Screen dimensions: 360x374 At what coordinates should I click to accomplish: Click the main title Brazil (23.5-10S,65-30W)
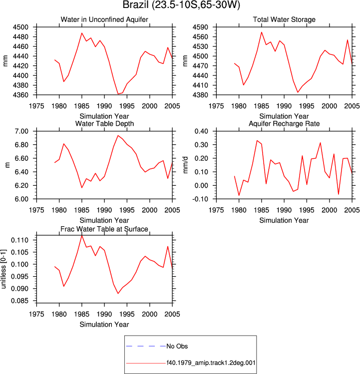(x=181, y=5)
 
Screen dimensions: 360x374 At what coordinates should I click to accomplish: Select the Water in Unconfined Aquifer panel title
(x=104, y=19)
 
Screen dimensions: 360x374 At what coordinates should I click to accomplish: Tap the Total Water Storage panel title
(x=284, y=19)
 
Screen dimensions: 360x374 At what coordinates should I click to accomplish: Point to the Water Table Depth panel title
(x=104, y=123)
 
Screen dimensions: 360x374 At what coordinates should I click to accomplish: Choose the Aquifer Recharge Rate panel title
(x=284, y=123)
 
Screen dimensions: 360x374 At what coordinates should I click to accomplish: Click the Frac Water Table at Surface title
(x=104, y=229)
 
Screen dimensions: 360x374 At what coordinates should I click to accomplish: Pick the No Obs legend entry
(x=177, y=346)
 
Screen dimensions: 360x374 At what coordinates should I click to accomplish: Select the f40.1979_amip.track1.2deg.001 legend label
(x=211, y=363)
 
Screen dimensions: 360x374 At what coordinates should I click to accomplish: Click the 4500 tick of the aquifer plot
(x=20, y=27)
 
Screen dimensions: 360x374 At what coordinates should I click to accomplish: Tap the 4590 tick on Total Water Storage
(x=200, y=27)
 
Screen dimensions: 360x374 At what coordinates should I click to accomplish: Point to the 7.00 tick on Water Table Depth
(x=21, y=131)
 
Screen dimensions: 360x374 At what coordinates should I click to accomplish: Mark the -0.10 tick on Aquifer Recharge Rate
(x=200, y=199)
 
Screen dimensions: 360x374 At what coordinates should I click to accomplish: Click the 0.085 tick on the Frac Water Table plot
(x=19, y=301)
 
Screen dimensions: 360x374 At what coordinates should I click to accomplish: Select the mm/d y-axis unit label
(x=186, y=165)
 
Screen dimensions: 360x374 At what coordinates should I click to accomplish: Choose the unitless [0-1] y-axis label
(x=3, y=269)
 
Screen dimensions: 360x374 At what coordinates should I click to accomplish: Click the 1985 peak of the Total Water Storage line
(x=262, y=32)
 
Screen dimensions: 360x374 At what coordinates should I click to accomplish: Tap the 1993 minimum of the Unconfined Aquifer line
(x=118, y=94)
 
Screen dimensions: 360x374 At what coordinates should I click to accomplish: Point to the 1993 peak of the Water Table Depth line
(x=118, y=135)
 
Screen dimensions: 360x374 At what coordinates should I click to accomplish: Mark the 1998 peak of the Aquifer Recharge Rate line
(x=321, y=143)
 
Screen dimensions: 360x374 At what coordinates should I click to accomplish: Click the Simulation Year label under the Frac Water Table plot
(x=104, y=325)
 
